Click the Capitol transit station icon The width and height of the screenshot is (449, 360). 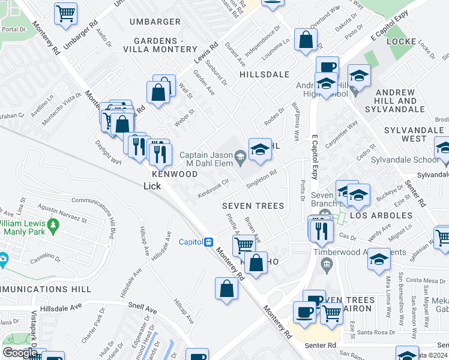point(208,242)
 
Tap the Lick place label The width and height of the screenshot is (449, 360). point(152,186)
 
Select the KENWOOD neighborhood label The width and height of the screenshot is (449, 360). point(175,173)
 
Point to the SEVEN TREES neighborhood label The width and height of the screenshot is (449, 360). point(253,206)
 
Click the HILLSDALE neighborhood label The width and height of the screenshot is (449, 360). point(264,74)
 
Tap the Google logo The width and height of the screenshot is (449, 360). point(19,353)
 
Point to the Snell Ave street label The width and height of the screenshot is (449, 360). point(142,311)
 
